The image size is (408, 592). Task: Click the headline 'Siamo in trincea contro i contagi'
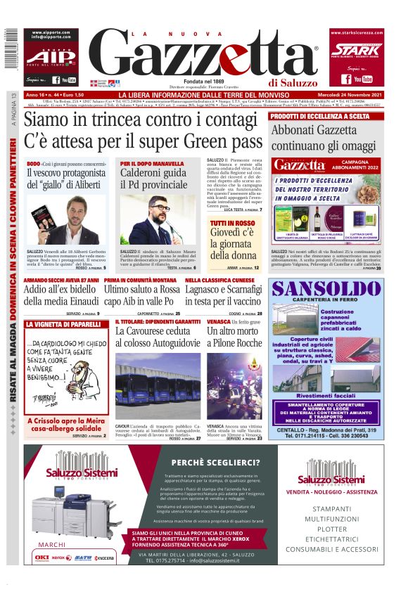[x=137, y=120]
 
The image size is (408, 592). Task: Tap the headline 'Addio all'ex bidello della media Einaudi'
[x=61, y=295]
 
